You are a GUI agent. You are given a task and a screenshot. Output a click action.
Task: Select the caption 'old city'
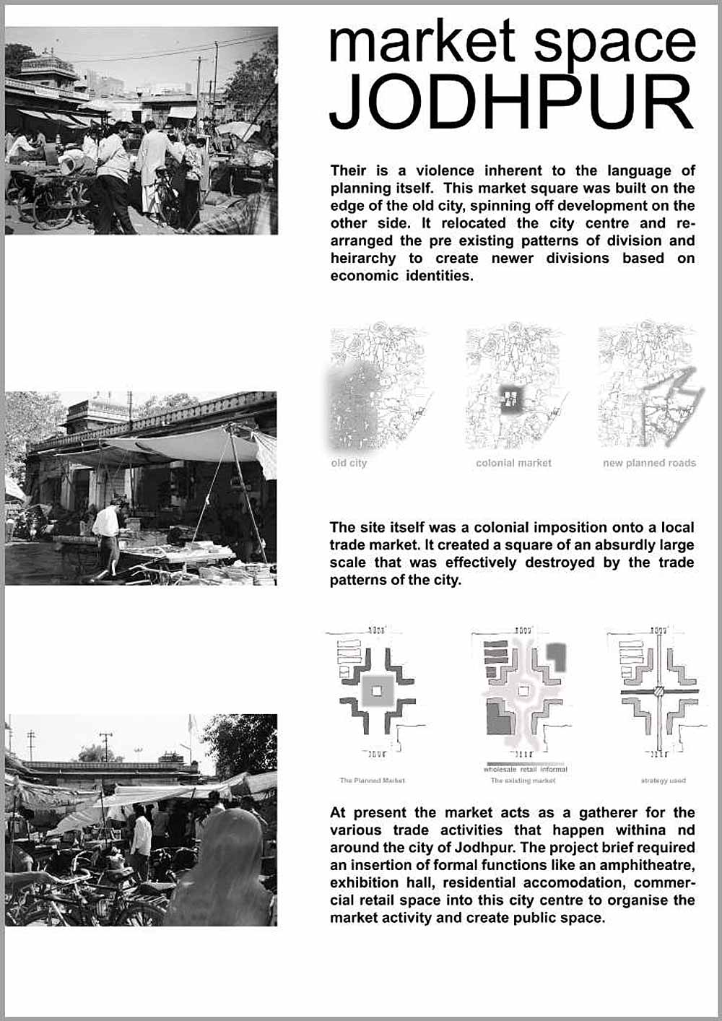(x=349, y=463)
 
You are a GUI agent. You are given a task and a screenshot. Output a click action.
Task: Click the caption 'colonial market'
(x=513, y=463)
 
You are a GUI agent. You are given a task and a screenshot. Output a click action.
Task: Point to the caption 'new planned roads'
(x=649, y=463)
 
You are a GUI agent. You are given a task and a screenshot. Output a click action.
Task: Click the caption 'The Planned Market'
(x=373, y=781)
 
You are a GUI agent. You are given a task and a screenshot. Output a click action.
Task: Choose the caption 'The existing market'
(x=523, y=781)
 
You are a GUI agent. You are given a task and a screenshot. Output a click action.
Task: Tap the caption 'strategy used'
(x=663, y=781)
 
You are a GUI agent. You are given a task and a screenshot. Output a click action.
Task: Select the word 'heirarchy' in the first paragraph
(x=363, y=258)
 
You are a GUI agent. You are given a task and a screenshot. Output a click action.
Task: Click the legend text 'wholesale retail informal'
(x=526, y=770)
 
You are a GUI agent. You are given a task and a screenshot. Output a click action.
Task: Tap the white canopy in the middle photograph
(x=180, y=444)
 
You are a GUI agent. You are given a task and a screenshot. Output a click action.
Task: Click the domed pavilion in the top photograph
(x=47, y=65)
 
